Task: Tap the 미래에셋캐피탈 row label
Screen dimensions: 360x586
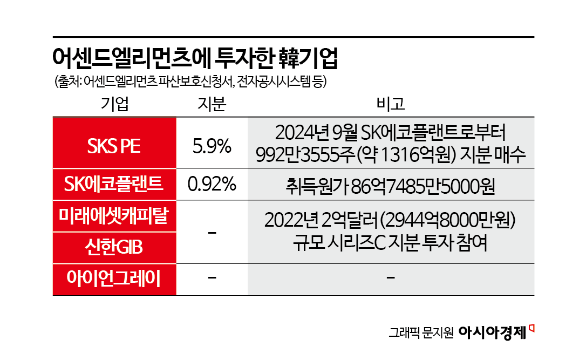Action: tap(114, 216)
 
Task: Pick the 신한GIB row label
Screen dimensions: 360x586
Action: tap(114, 248)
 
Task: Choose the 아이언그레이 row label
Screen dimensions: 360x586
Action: tap(114, 279)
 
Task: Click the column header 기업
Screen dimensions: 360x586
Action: tap(115, 103)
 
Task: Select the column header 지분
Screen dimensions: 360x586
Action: tap(211, 103)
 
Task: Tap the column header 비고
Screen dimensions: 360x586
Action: tap(391, 103)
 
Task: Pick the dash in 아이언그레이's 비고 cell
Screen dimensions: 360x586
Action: tap(391, 279)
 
